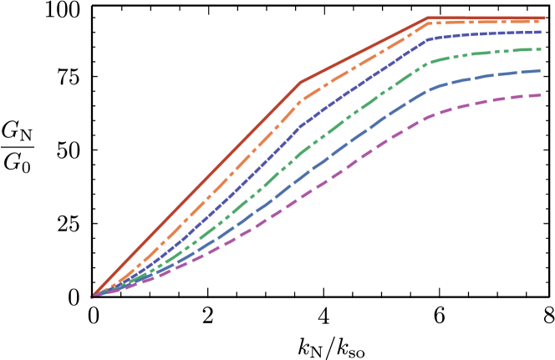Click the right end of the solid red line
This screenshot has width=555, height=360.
pyautogui.click(x=545, y=18)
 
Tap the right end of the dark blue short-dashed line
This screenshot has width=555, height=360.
pyautogui.click(x=542, y=32)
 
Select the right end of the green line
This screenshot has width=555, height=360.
pyautogui.click(x=542, y=49)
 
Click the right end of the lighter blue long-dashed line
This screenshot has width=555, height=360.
pyautogui.click(x=542, y=71)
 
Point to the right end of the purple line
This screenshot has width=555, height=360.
pyautogui.click(x=542, y=95)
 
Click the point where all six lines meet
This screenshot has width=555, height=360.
pyautogui.click(x=92, y=296)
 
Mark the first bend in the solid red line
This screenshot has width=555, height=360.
pyautogui.click(x=300, y=84)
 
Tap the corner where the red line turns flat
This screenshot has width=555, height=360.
pyautogui.click(x=427, y=18)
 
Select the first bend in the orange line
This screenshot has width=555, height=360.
pyautogui.click(x=300, y=102)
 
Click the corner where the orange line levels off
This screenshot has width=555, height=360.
pyautogui.click(x=428, y=23)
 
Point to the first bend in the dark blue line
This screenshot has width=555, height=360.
pyautogui.click(x=300, y=128)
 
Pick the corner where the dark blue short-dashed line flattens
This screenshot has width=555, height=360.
pyautogui.click(x=428, y=39)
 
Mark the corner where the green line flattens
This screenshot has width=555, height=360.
pyautogui.click(x=428, y=63)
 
